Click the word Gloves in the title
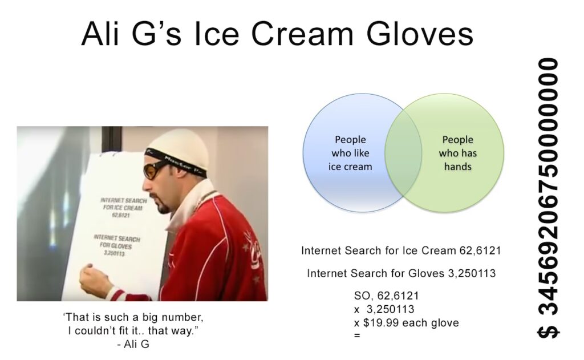pyautogui.click(x=420, y=34)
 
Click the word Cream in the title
pyautogui.click(x=302, y=34)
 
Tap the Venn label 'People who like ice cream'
pyautogui.click(x=350, y=153)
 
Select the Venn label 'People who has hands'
pyautogui.click(x=458, y=153)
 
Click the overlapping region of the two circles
pyautogui.click(x=403, y=153)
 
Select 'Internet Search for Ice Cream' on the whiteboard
pyautogui.click(x=123, y=204)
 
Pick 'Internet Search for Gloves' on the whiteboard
pyautogui.click(x=116, y=242)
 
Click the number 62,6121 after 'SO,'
pyautogui.click(x=398, y=296)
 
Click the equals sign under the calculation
pyautogui.click(x=357, y=336)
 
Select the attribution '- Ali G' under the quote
pyautogui.click(x=133, y=345)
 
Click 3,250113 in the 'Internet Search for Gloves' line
pyautogui.click(x=472, y=273)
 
